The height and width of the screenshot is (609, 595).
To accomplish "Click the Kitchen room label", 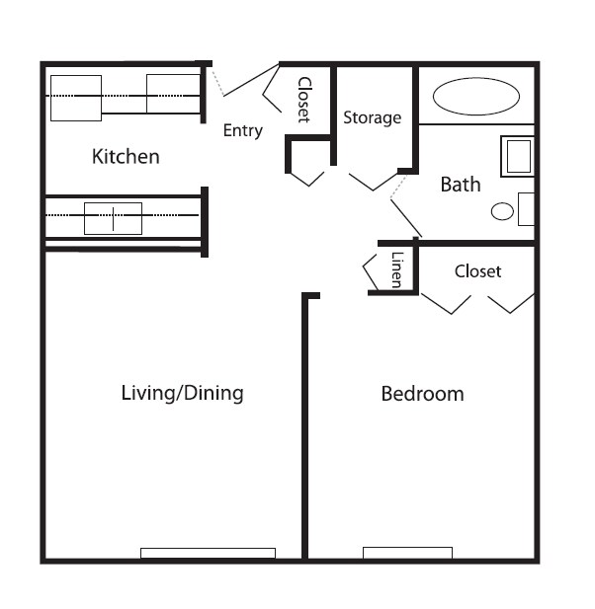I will click(x=126, y=157).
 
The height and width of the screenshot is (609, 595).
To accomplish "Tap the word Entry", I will click(x=242, y=130).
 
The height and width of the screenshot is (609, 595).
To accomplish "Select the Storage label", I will click(x=372, y=117).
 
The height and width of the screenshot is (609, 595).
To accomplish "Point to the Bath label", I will click(x=461, y=185).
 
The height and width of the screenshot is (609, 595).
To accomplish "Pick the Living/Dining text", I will click(x=182, y=393).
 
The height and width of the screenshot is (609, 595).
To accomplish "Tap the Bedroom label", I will click(x=422, y=394).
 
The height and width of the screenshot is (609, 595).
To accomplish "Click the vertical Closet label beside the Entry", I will click(x=304, y=100).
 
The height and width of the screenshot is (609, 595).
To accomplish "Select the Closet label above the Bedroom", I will click(x=477, y=270).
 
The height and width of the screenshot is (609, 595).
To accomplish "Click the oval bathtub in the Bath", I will click(x=476, y=97).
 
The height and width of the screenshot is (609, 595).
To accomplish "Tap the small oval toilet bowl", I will click(x=503, y=211).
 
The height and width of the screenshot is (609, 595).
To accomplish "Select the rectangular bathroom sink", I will click(x=518, y=156).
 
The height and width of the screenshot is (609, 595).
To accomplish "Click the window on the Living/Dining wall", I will click(x=208, y=553).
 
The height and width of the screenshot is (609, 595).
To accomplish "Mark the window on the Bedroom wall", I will click(x=407, y=553).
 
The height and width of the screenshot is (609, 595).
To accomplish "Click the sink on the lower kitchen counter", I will click(x=113, y=218).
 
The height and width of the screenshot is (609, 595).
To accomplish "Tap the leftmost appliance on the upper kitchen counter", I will click(x=77, y=97).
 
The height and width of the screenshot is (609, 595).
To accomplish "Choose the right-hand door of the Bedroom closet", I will click(x=512, y=303).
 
